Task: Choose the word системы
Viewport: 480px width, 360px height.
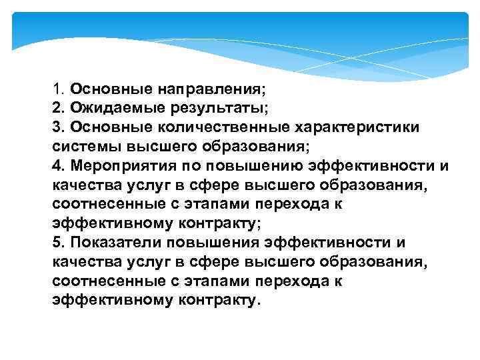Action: tap(80, 146)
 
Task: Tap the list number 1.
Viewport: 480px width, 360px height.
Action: tap(56, 88)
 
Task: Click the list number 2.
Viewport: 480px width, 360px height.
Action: tap(56, 107)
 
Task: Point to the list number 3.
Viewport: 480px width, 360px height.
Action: tap(56, 127)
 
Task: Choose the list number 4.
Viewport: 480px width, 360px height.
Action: tap(56, 165)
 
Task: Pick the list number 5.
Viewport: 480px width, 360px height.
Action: tap(56, 243)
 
